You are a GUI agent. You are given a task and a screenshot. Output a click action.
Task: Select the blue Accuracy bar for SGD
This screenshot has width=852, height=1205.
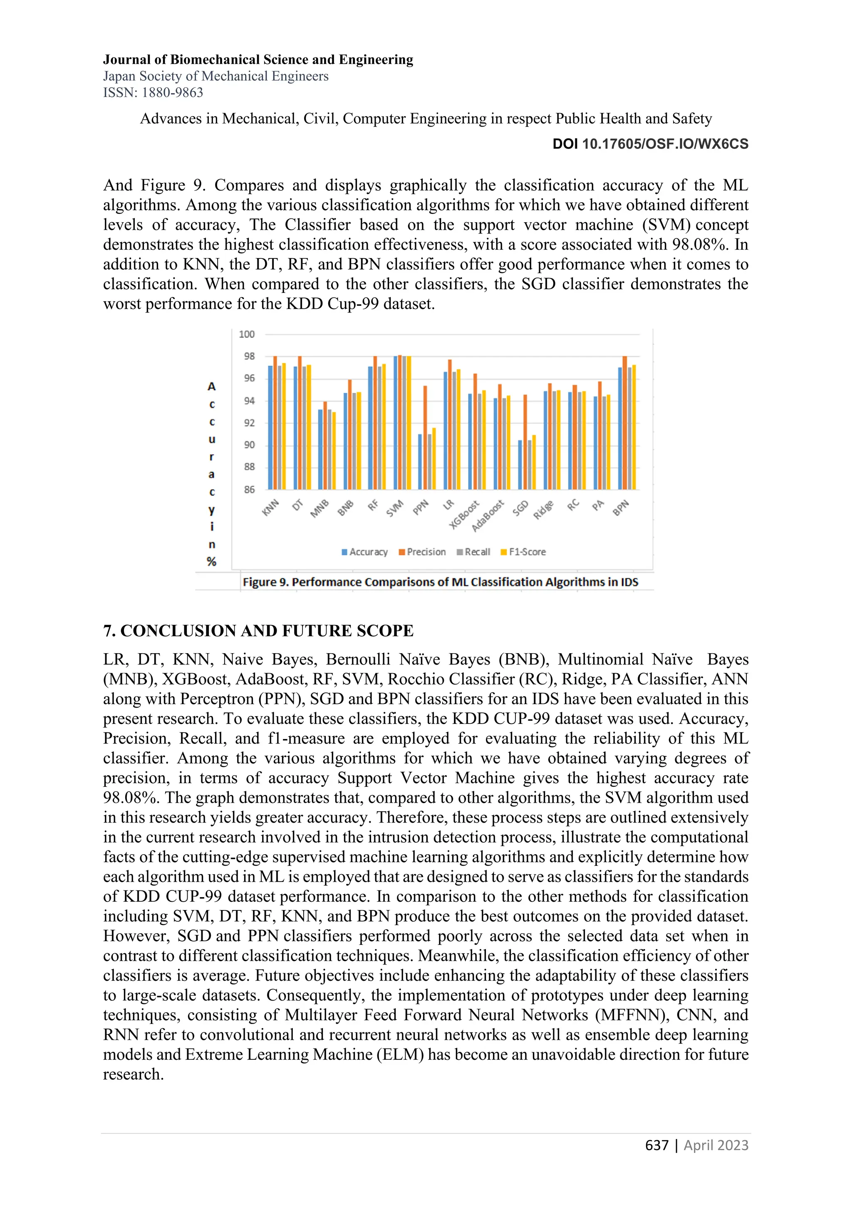pos(520,464)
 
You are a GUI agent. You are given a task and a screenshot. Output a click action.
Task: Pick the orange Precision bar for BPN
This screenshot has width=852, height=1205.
pos(625,422)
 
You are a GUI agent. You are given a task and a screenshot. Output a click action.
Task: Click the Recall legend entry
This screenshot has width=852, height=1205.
pos(474,552)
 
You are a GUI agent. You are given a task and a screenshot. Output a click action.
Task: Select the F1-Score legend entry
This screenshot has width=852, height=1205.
pos(524,552)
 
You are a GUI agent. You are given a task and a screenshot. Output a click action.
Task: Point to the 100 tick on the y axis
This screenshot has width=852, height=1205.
pos(247,334)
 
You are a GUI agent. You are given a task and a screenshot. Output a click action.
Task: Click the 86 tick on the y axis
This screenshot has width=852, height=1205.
pos(249,490)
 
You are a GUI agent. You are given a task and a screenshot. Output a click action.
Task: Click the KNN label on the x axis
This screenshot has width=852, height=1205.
pos(270,508)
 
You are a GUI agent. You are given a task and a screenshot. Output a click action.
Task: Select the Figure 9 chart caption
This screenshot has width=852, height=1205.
pos(440,582)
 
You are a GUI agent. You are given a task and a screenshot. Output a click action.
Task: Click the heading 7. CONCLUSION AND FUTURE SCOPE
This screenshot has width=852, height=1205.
pos(258,630)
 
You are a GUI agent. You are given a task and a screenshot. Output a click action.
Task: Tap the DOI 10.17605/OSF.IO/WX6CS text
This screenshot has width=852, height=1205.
pos(651,144)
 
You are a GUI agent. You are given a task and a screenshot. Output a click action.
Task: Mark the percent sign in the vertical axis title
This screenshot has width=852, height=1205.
pos(211,562)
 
